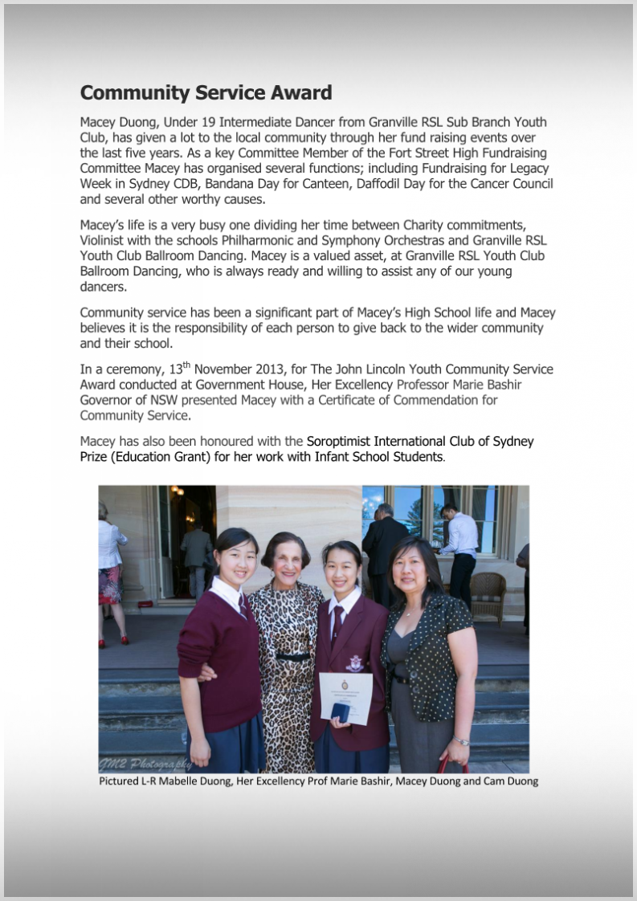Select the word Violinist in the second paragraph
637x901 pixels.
coord(108,240)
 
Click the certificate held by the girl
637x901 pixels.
coord(345,695)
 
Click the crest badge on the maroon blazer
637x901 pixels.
coord(353,662)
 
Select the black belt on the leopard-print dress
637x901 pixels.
coord(292,656)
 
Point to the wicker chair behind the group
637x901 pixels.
coord(488,595)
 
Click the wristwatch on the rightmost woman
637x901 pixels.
coord(461,741)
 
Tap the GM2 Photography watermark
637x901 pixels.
coord(145,764)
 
